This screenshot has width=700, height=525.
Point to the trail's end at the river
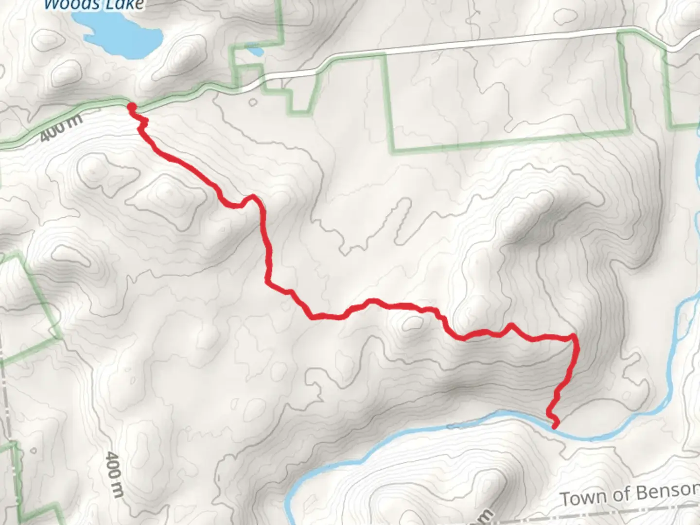tap(554, 426)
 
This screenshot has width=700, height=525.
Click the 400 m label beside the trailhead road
tap(61, 128)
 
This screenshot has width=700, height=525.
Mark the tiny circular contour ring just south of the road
tap(252, 103)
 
